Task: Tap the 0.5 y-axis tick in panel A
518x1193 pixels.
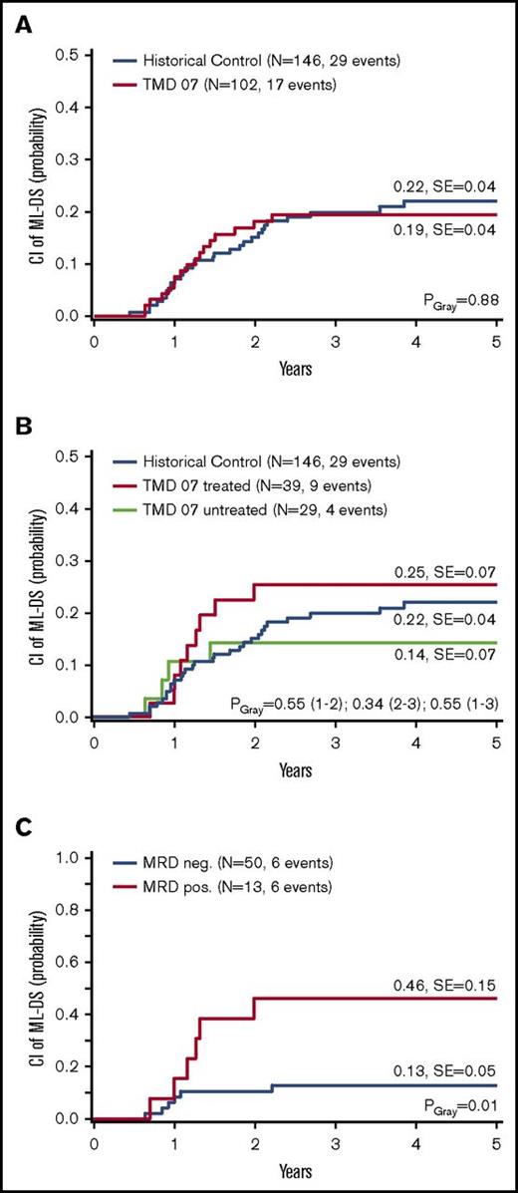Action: point(68,54)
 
